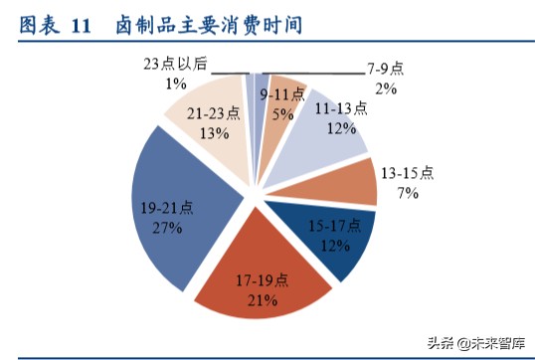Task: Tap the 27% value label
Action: point(167,228)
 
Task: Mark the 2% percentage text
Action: point(386,88)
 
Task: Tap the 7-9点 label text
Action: point(385,69)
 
